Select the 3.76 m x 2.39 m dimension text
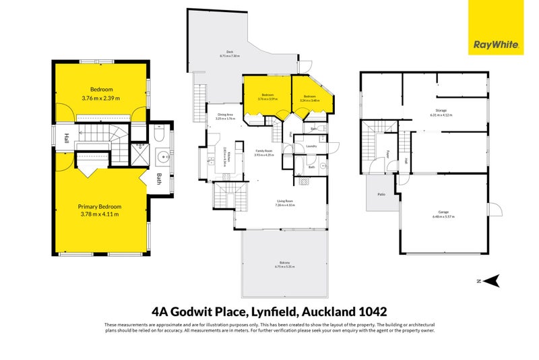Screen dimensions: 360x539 pyautogui.click(x=100, y=98)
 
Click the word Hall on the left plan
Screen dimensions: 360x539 pyautogui.click(x=67, y=139)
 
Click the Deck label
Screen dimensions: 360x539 pyautogui.click(x=230, y=52)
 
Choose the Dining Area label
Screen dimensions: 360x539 pyautogui.click(x=225, y=115)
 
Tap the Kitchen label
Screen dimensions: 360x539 pyautogui.click(x=224, y=157)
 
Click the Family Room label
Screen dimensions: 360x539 pyautogui.click(x=263, y=151)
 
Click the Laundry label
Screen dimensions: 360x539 pyautogui.click(x=311, y=146)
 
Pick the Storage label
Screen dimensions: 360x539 pyautogui.click(x=441, y=110)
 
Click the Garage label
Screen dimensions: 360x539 pyautogui.click(x=443, y=212)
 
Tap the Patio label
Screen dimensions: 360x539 pyautogui.click(x=381, y=194)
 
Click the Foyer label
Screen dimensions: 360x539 pyautogui.click(x=388, y=154)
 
